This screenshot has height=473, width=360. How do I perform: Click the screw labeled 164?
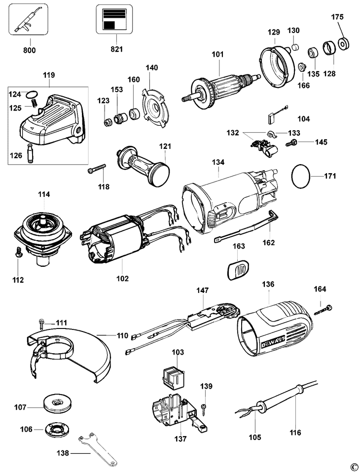(323, 309)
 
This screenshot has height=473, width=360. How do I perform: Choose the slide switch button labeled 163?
(238, 270)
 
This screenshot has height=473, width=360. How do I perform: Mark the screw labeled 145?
(292, 143)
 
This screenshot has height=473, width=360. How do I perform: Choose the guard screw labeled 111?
(42, 324)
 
